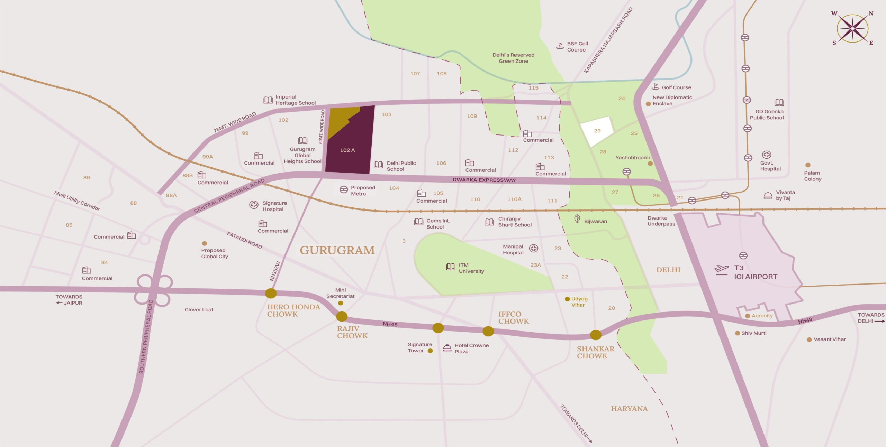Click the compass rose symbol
pos(852,28)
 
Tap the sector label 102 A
pos(347,150)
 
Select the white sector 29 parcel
pos(597,131)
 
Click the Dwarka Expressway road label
pos(484,180)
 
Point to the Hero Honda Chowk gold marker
pos(271,294)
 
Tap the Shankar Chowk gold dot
pos(596,335)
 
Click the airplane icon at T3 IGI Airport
pos(722,269)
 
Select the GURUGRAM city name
pos(337,250)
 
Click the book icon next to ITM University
pos(450,267)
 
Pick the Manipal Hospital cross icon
pos(534,248)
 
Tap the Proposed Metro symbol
pos(343,189)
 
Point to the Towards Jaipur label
pos(69,300)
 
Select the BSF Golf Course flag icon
pos(560,46)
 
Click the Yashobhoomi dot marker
pos(650,164)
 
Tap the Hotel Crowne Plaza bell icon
pos(447,348)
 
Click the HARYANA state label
pos(629,409)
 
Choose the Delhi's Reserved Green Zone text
pos(513,58)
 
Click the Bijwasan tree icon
pos(577,218)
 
